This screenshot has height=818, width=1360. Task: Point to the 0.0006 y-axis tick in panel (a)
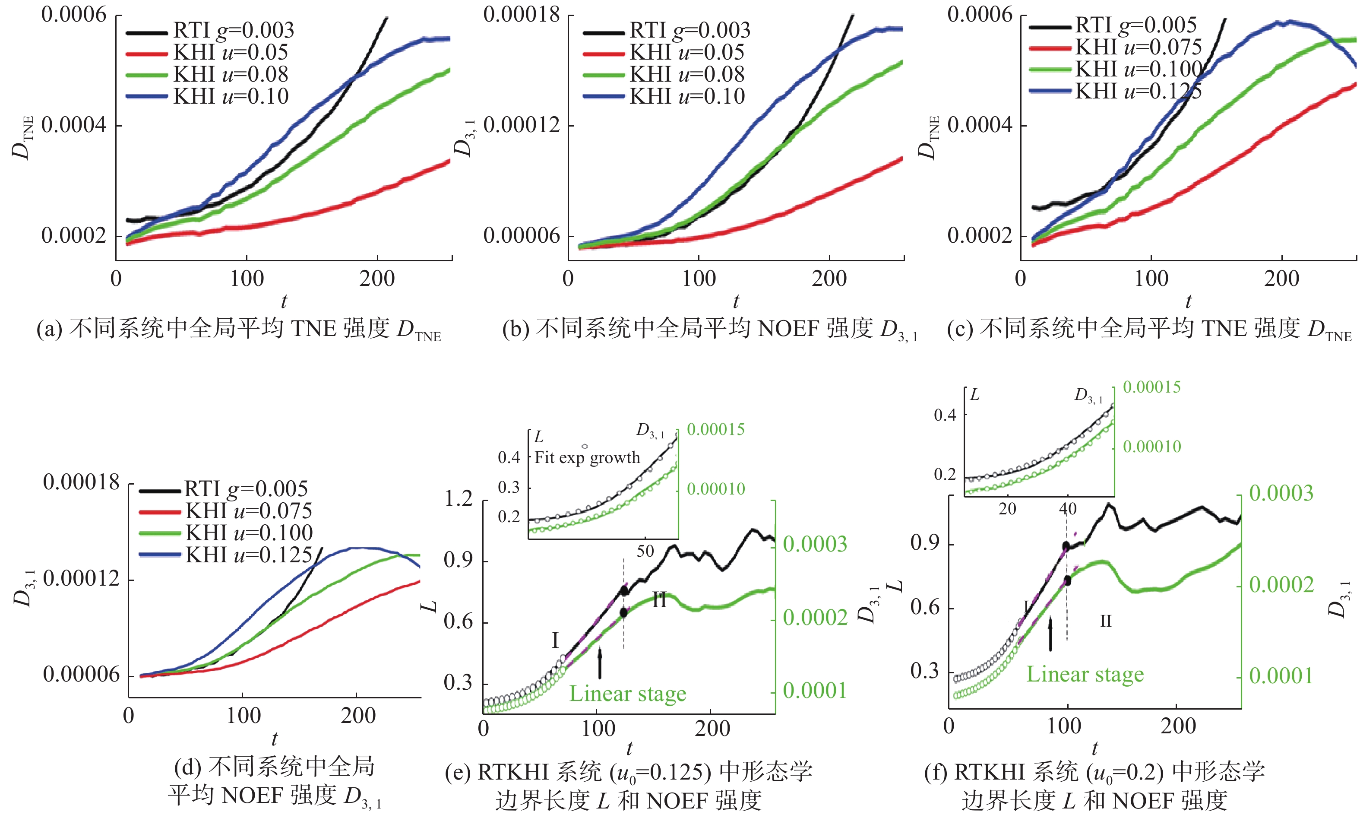74,15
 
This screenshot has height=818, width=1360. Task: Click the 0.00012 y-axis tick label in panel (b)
521,125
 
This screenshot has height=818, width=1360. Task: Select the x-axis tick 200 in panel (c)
1281,279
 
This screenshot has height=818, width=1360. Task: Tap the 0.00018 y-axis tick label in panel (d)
81,483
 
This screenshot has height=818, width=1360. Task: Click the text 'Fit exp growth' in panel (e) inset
587,457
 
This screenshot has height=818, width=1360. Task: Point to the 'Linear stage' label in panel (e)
628,694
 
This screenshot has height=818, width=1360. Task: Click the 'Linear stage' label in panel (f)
1085,674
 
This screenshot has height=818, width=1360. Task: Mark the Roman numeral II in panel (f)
1105,621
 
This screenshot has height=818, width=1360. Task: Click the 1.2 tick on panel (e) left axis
459,499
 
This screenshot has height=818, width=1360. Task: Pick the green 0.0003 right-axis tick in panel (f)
1281,493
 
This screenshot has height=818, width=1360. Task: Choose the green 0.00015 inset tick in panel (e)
715,429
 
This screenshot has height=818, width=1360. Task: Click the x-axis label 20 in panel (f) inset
1007,509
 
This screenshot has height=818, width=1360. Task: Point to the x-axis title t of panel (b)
736,301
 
